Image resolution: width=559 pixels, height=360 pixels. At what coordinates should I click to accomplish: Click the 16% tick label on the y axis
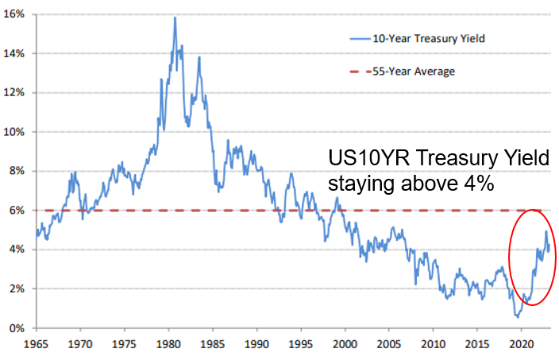(17, 14)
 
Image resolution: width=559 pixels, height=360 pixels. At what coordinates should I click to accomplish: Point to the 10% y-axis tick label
(17, 132)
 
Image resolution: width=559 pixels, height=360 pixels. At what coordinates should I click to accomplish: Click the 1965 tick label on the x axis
(36, 346)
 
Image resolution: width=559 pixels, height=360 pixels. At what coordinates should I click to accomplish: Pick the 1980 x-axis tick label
(168, 346)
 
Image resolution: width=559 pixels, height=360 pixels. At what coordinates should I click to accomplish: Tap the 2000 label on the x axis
(344, 346)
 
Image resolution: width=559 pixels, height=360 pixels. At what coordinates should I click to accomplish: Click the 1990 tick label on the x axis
(256, 346)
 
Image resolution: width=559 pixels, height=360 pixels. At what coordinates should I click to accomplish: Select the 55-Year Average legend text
(410, 72)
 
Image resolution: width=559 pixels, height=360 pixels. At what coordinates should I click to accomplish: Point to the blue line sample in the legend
(361, 37)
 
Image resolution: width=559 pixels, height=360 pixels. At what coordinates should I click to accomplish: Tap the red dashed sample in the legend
(361, 72)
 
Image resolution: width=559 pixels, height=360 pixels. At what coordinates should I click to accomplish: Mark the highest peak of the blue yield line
(175, 17)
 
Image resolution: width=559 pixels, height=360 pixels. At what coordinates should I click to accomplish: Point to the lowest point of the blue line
(517, 316)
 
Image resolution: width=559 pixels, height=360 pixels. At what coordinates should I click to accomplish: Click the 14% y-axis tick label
(17, 53)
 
